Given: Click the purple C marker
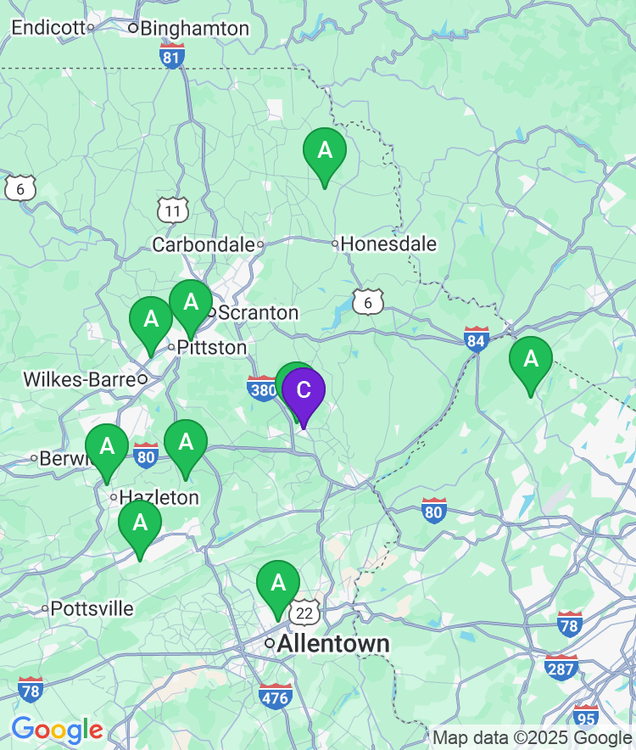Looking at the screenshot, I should (x=303, y=391).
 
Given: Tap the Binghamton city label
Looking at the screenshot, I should (x=194, y=28).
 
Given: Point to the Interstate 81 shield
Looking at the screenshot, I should (x=172, y=57).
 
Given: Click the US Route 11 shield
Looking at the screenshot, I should (x=172, y=210).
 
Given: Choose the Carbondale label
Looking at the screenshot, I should (x=204, y=244).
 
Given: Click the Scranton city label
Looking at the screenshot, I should (x=258, y=312).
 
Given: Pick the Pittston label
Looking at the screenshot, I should (x=211, y=348).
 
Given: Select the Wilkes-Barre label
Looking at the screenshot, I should (x=80, y=378).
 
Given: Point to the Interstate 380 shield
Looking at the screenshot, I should (x=263, y=389).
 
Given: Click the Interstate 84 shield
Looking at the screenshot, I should (x=477, y=339).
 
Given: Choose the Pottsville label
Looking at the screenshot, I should (x=92, y=608).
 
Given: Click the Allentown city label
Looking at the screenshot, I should (x=333, y=644).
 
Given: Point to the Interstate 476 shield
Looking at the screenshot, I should (x=276, y=696).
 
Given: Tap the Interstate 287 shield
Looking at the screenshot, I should (x=561, y=668).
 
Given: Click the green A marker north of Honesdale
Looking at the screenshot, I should (x=324, y=152).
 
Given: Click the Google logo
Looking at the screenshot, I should (x=57, y=730).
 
